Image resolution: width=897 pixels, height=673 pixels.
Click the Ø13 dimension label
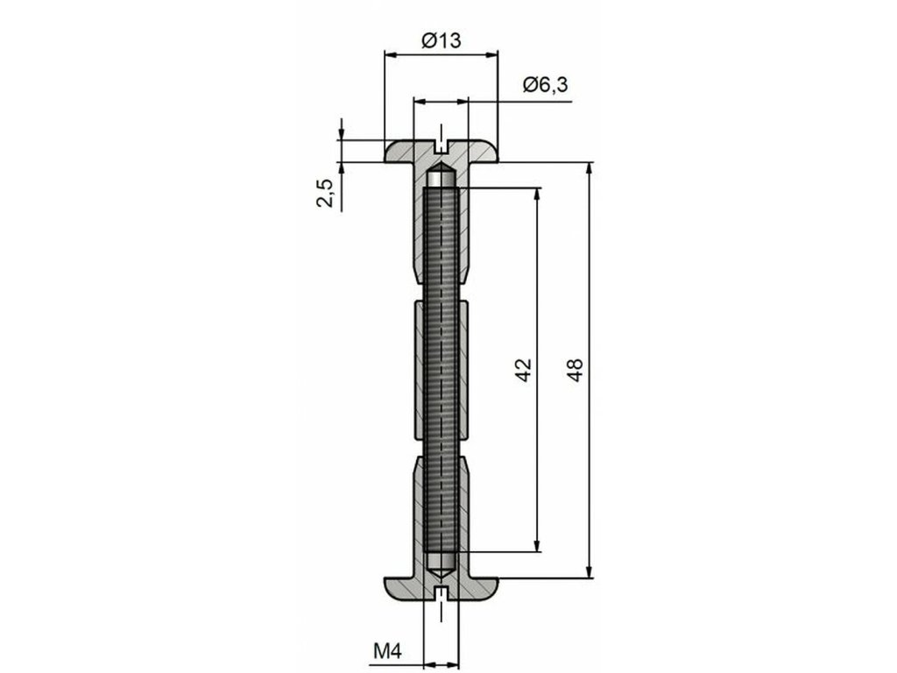click(441, 40)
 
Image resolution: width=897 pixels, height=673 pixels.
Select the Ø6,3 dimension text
click(545, 85)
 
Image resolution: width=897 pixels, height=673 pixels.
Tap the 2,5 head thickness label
click(326, 193)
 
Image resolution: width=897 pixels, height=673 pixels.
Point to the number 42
click(524, 370)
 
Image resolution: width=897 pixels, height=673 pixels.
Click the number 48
click(575, 370)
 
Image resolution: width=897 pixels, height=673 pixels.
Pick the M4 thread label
click(388, 651)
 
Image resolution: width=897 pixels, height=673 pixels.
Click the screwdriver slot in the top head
click(441, 146)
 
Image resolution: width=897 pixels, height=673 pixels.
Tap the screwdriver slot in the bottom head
click(441, 593)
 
